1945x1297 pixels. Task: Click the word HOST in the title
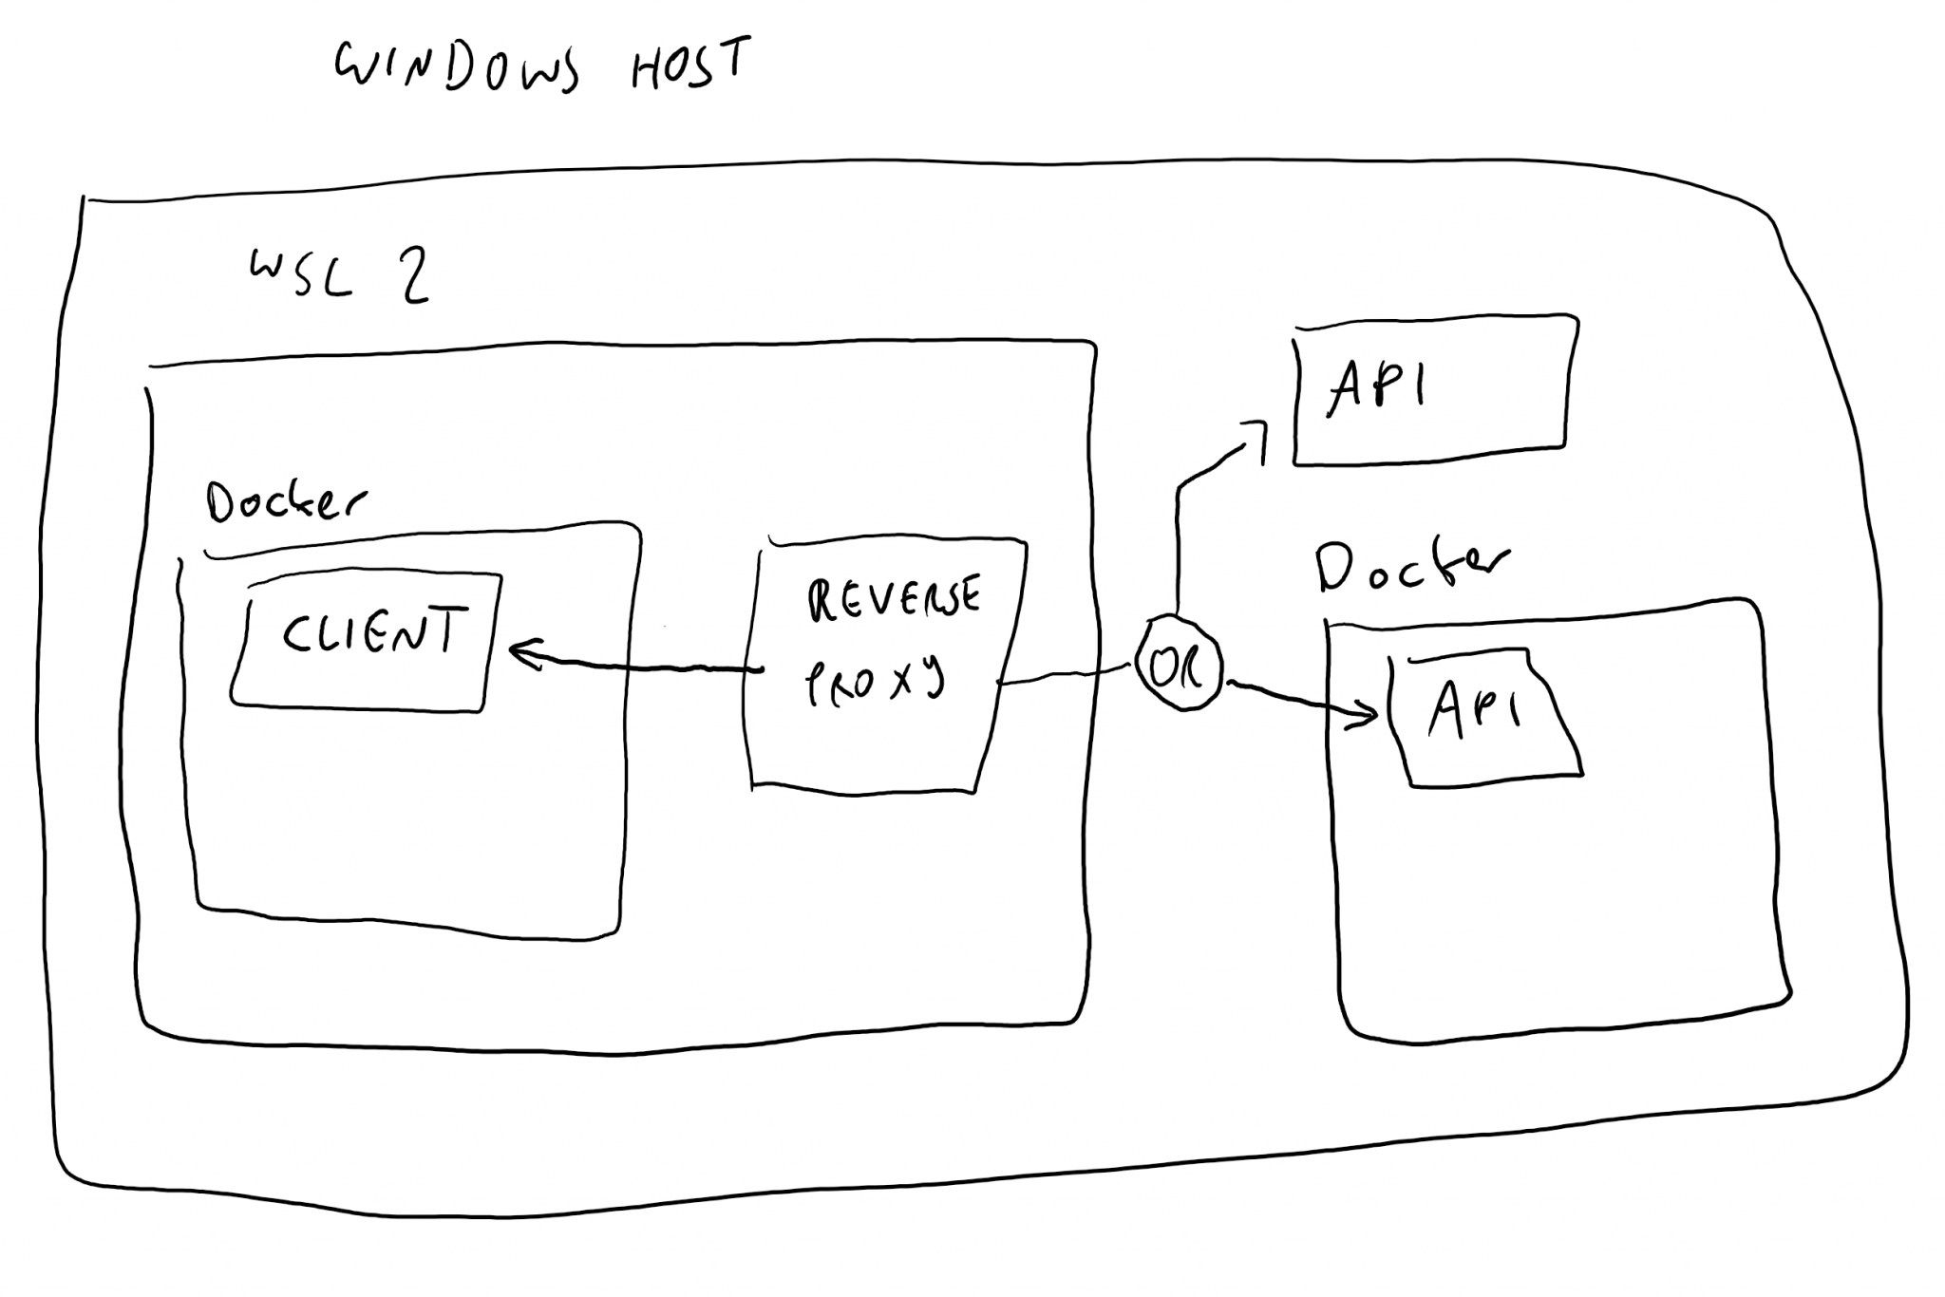(x=690, y=65)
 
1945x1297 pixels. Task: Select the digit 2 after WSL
(x=413, y=275)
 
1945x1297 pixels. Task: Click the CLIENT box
(x=366, y=641)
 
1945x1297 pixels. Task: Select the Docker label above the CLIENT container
(x=285, y=501)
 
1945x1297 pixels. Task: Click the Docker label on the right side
(x=1410, y=567)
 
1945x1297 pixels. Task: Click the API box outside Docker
(x=1429, y=389)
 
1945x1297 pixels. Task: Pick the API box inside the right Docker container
(x=1482, y=717)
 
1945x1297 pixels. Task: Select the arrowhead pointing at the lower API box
(x=1368, y=714)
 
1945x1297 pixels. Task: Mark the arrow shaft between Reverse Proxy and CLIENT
(x=646, y=667)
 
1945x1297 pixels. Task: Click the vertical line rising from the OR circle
(x=1179, y=551)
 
